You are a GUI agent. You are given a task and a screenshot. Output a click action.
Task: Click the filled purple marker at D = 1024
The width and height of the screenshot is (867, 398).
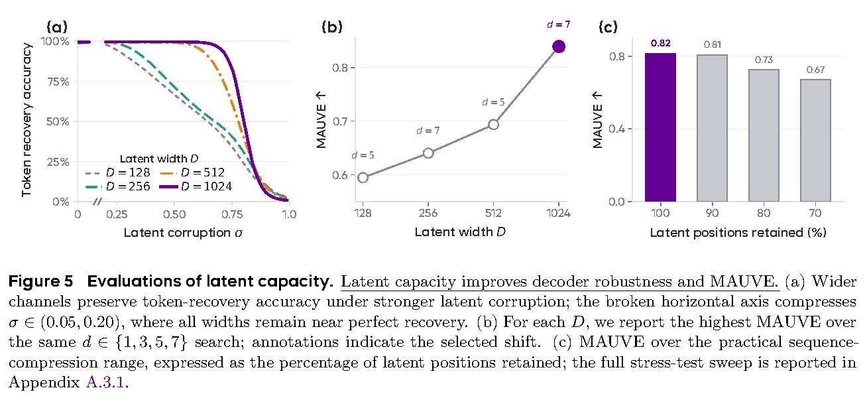(x=559, y=47)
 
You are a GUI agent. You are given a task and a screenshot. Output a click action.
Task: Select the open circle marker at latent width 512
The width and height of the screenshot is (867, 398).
(x=494, y=125)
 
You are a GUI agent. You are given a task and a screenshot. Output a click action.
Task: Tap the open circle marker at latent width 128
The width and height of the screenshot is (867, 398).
(x=363, y=178)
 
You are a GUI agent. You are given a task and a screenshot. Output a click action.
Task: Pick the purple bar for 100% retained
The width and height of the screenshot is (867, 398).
(x=660, y=127)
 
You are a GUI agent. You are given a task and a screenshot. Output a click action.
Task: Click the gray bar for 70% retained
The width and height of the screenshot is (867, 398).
(x=815, y=141)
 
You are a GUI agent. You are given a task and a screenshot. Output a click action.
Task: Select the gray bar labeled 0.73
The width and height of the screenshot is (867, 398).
(x=764, y=135)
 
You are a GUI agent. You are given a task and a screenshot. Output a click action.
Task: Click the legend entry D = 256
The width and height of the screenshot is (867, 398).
(x=118, y=186)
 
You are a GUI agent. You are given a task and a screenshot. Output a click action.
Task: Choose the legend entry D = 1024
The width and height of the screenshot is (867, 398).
(x=196, y=186)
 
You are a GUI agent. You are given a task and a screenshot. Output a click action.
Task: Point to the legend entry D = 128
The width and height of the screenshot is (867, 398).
(x=118, y=172)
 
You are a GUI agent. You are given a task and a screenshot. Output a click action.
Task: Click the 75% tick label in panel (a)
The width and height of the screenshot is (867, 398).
(x=58, y=82)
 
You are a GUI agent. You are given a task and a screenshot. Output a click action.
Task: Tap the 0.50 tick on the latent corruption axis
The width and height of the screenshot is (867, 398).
(x=174, y=214)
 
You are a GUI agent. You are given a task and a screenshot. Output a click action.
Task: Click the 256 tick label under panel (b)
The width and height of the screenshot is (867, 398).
(x=428, y=213)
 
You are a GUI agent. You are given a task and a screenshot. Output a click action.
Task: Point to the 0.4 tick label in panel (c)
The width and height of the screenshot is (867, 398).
(x=617, y=129)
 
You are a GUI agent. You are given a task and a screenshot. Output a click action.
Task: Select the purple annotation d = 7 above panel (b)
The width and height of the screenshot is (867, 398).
(x=559, y=25)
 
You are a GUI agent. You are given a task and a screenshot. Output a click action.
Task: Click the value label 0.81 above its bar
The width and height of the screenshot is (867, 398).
(x=712, y=44)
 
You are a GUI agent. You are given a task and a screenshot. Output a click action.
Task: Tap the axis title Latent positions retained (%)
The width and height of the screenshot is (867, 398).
(x=738, y=232)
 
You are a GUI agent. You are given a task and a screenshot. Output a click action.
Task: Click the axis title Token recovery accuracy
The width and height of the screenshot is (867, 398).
(x=27, y=119)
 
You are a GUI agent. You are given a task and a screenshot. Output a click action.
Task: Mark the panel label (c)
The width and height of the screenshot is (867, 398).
(x=608, y=27)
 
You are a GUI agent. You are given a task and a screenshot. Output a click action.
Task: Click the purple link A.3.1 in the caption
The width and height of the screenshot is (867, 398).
(x=105, y=383)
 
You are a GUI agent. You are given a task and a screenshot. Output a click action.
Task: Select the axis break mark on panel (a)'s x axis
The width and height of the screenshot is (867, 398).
(x=97, y=202)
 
